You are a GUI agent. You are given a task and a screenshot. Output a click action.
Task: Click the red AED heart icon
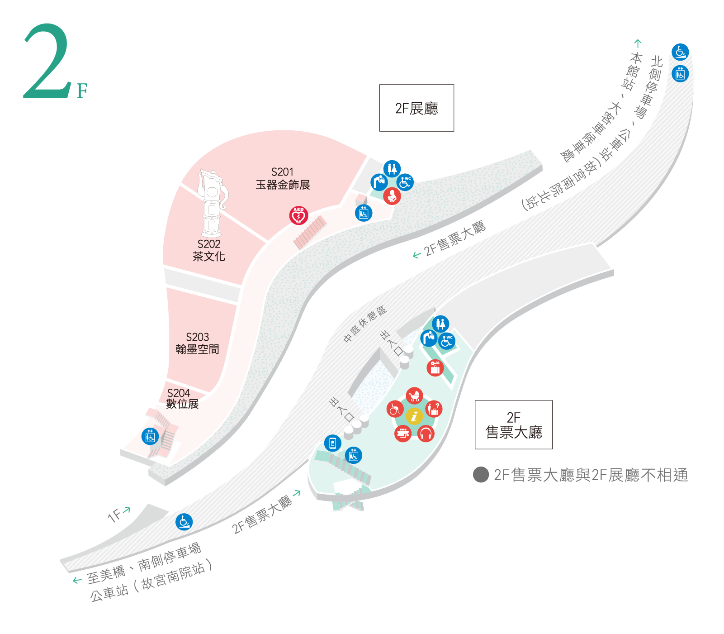[298, 215]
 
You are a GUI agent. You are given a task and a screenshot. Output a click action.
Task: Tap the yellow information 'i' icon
[414, 416]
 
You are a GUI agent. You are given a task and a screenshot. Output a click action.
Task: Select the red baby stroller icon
[414, 396]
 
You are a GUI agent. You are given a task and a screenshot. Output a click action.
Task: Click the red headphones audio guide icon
[426, 434]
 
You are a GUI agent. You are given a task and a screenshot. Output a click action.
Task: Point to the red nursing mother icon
[392, 196]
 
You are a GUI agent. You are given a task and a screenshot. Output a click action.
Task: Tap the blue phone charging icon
[333, 443]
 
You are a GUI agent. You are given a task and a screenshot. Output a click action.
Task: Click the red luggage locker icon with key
[435, 368]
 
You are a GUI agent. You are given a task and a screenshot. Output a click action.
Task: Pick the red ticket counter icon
[402, 434]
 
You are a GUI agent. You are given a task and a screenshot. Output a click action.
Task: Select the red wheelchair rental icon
[395, 409]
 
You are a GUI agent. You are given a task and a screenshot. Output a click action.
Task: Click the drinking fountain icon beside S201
[379, 182]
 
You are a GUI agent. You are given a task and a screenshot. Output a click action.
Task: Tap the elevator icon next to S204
[150, 436]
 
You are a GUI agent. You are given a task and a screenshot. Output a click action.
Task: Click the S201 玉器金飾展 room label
[283, 179]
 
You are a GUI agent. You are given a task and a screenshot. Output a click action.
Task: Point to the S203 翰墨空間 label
[197, 343]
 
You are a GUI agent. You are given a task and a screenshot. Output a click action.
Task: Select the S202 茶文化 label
[209, 250]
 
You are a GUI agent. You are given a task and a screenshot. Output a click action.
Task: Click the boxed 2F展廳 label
[416, 108]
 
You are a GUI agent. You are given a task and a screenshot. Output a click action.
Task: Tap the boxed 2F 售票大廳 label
[513, 424]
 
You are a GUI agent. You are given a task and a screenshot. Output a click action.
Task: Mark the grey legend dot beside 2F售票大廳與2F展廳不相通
[481, 475]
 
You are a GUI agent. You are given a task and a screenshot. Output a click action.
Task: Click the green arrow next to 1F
[127, 510]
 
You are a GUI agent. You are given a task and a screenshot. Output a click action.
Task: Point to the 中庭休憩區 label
[365, 324]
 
